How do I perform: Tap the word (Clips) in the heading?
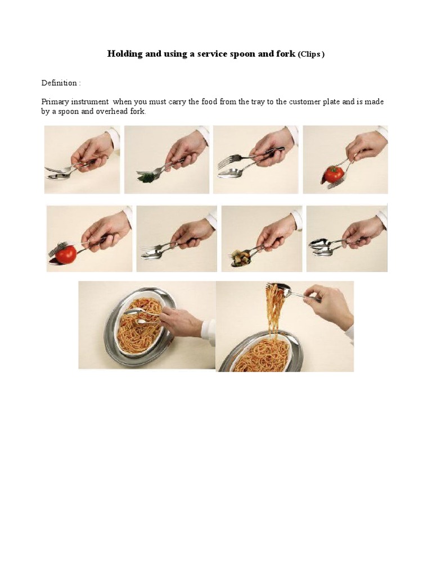click(311, 54)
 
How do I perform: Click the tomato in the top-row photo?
click(334, 174)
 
